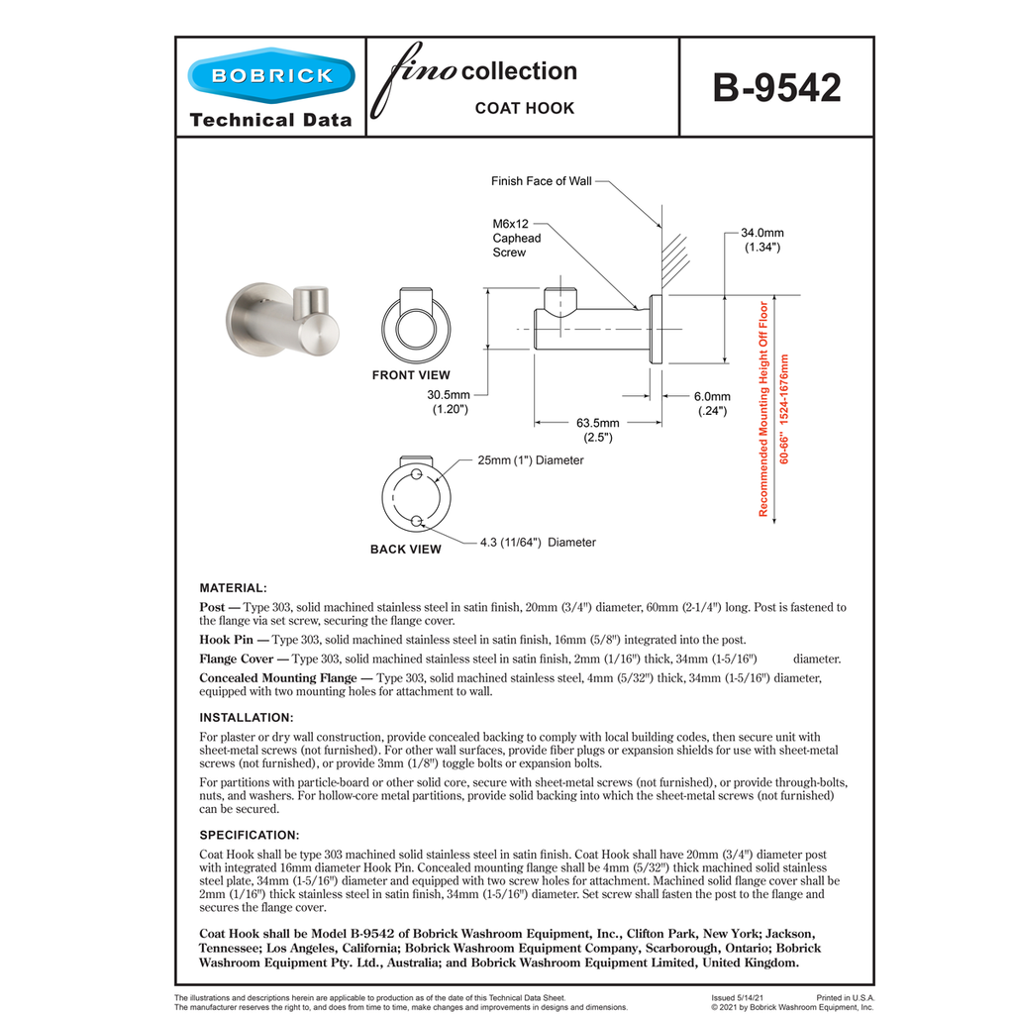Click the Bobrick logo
coord(269,76)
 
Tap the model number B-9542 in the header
coord(776,88)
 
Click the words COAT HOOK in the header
coord(524,108)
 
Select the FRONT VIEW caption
coord(411,375)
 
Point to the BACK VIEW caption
coord(406,549)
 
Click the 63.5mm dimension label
coord(598,430)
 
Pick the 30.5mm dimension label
coord(449,401)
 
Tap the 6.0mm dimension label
coord(711,403)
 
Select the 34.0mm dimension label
coord(762,240)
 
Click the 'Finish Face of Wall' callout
coord(541,181)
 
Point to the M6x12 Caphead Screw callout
coord(517,239)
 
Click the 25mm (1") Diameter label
coord(530,460)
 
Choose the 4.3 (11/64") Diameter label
coord(537,542)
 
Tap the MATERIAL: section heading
coord(233,588)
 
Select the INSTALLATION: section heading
coord(246,717)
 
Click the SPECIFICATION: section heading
coord(249,835)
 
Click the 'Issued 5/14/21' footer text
coord(738,998)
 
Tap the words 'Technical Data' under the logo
coord(269,120)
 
